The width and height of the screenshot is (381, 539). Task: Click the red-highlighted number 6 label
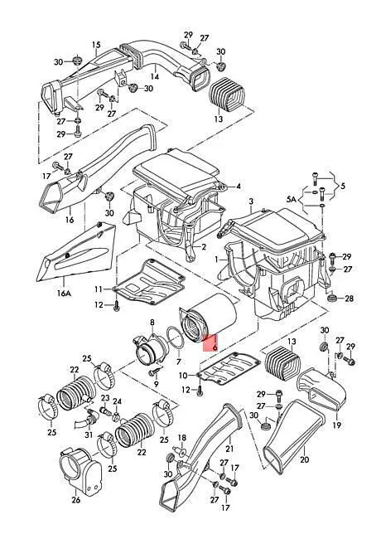[215, 347]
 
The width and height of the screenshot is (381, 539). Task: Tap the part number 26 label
[76, 500]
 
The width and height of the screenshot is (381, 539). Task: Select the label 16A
[64, 294]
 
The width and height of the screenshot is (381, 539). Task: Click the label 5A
[291, 199]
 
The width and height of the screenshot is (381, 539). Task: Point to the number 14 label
[155, 76]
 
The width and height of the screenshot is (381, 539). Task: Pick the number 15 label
[96, 45]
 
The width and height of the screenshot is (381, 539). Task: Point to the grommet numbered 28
[331, 298]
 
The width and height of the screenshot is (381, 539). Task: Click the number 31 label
[89, 435]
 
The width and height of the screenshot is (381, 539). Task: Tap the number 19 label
[337, 425]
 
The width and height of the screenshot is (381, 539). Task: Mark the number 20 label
[305, 459]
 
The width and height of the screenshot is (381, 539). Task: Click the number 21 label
[229, 449]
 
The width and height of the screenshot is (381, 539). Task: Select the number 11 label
[99, 289]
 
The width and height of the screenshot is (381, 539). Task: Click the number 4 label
[239, 187]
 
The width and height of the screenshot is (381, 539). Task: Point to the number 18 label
[182, 438]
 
